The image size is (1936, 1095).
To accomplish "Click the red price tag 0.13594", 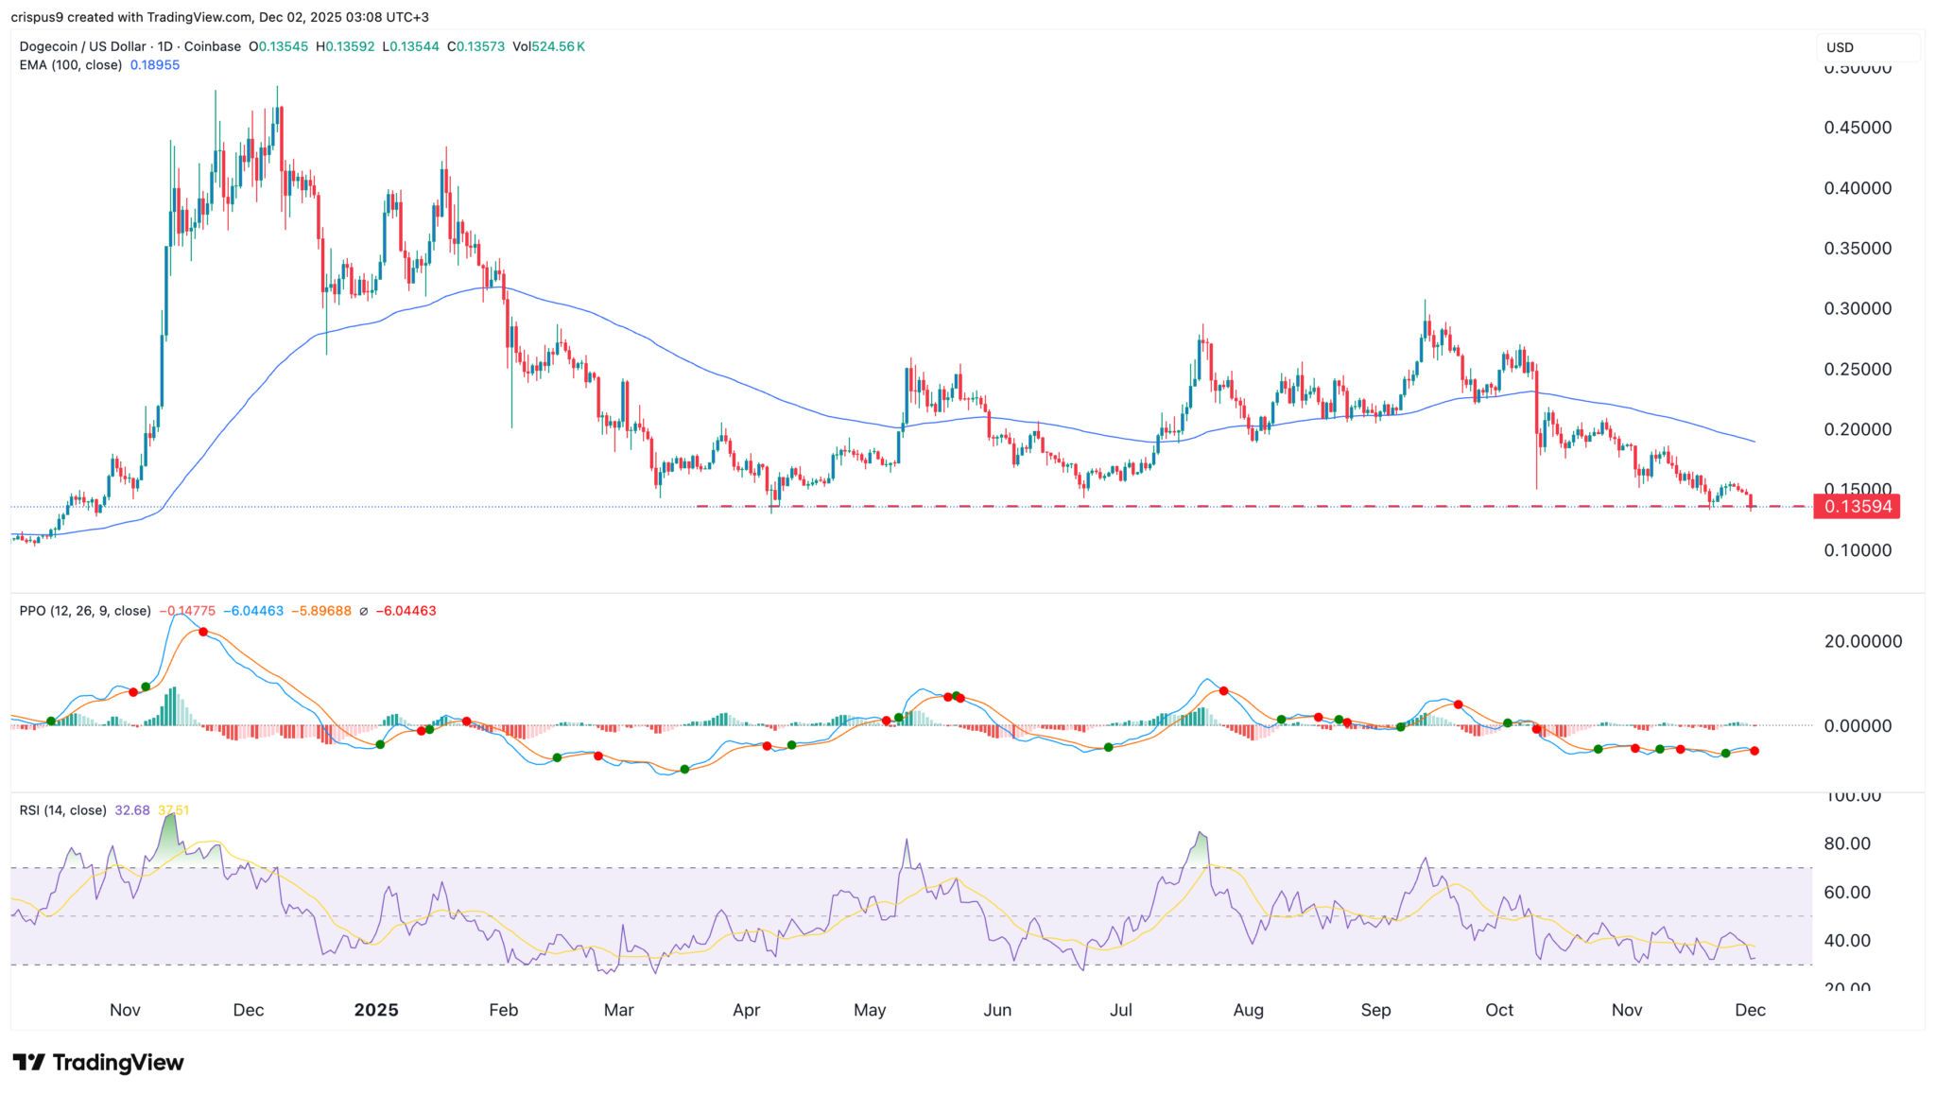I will point(1857,507).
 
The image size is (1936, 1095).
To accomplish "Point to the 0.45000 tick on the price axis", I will point(1858,128).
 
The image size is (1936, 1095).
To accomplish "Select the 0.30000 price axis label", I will point(1858,309).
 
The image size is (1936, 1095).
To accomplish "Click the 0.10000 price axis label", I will point(1858,550).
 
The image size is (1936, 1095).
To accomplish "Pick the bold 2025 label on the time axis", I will point(376,1010).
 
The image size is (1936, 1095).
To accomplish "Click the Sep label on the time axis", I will point(1375,1010).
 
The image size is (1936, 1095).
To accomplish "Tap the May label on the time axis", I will point(870,1010).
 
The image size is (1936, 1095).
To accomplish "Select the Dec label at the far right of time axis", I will point(1750,1010).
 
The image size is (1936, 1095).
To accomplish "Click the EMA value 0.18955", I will point(155,65).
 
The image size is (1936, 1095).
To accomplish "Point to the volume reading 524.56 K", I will point(558,46).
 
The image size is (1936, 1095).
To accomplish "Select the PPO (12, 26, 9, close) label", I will point(85,611).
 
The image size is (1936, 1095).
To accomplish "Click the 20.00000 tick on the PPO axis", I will point(1862,641).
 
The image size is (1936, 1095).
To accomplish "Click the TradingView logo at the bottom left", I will point(98,1063).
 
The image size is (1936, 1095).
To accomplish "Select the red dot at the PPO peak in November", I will point(203,632).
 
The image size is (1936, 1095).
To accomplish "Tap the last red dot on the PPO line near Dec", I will point(1754,751).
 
